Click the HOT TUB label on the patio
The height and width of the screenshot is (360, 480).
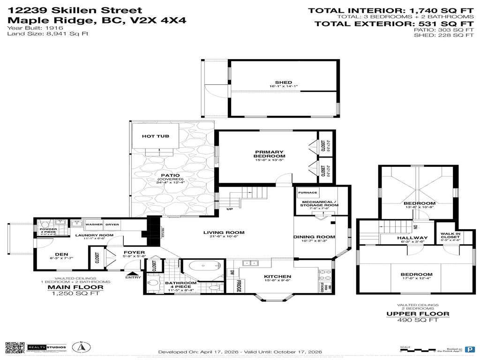coord(155,136)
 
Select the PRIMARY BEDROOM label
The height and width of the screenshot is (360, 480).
coord(270,154)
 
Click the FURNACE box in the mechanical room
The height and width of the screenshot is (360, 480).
coord(307,193)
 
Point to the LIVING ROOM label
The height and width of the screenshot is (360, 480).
coord(224,232)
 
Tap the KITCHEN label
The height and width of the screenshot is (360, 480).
coord(277,277)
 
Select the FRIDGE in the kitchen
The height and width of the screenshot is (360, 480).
coord(238,286)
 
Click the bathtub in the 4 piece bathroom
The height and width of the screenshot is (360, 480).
coord(204,269)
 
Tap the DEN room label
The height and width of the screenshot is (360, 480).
coord(55,256)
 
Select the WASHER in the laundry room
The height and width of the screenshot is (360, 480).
coord(94,225)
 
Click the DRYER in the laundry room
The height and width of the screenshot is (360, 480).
coord(112,225)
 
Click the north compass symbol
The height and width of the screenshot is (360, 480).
coord(81,347)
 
